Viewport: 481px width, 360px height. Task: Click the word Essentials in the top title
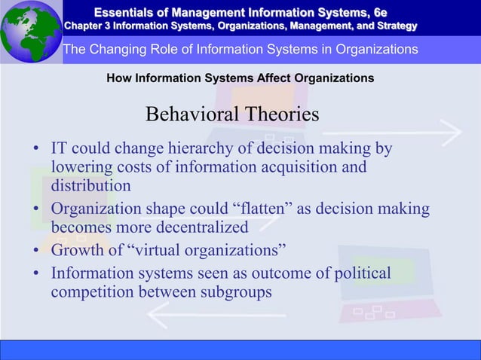(x=130, y=11)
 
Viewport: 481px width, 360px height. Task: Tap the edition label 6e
(x=380, y=11)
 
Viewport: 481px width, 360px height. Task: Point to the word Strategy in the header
(x=392, y=26)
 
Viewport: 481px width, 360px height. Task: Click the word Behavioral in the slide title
(x=192, y=115)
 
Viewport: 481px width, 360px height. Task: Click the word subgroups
(x=233, y=290)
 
